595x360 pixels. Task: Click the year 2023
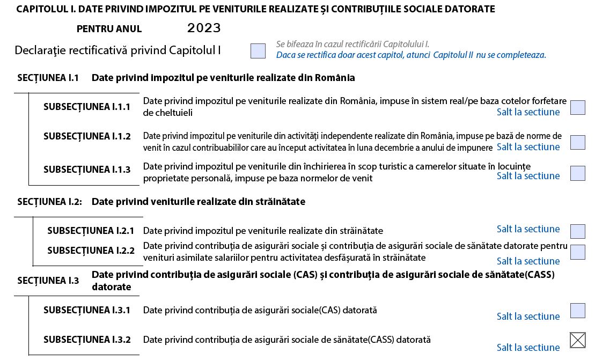[204, 28]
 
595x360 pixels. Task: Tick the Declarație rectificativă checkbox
[258, 51]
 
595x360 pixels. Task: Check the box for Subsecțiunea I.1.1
[578, 107]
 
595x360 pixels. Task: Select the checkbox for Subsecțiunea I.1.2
[578, 142]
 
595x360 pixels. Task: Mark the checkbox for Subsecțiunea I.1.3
[578, 173]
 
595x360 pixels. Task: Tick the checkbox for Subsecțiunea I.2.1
[578, 231]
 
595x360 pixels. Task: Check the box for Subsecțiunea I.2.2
[578, 252]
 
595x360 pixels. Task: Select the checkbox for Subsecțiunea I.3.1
[578, 311]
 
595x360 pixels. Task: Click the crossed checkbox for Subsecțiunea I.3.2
[578, 340]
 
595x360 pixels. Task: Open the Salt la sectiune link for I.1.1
[528, 112]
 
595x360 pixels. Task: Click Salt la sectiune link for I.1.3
[528, 176]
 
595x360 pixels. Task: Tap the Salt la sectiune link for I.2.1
[528, 229]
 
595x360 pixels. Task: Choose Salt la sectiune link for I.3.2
[528, 348]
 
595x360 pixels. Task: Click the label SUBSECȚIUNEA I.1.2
[87, 136]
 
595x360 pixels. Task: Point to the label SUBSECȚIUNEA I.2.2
[91, 251]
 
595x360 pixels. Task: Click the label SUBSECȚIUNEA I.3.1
[87, 310]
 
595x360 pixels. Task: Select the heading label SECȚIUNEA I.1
[48, 78]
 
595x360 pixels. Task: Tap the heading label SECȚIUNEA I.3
[48, 281]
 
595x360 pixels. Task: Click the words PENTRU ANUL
[109, 29]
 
